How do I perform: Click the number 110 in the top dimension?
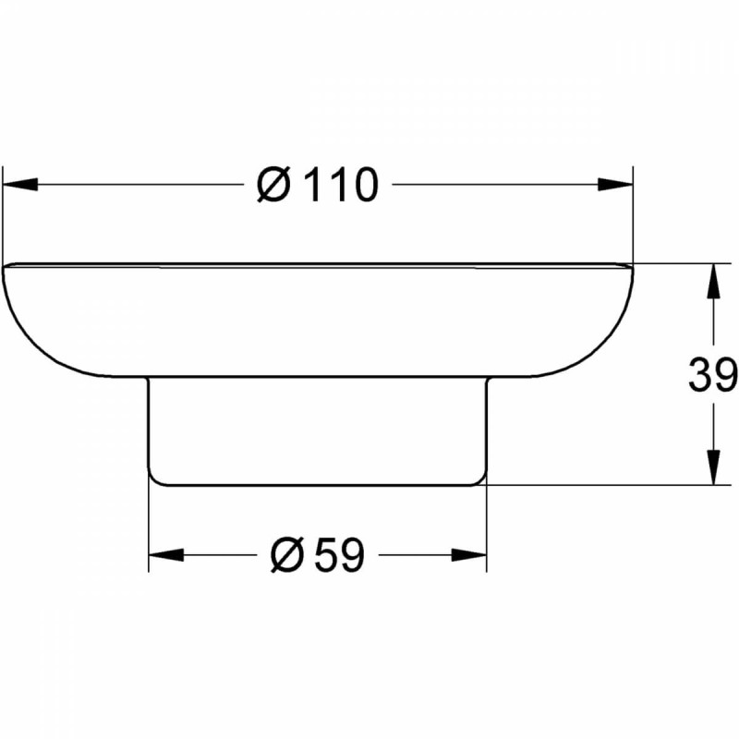[x=343, y=186]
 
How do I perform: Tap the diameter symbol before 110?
[x=273, y=186]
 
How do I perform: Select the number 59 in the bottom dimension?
[x=339, y=556]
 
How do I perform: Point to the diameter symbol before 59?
[x=286, y=556]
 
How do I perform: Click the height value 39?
[x=712, y=375]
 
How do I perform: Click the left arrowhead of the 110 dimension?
[x=19, y=185]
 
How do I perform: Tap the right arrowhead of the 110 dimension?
[x=615, y=185]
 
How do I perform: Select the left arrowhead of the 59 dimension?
[x=166, y=555]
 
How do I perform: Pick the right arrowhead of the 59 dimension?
[x=469, y=555]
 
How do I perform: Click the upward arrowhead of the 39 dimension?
[x=714, y=281]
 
